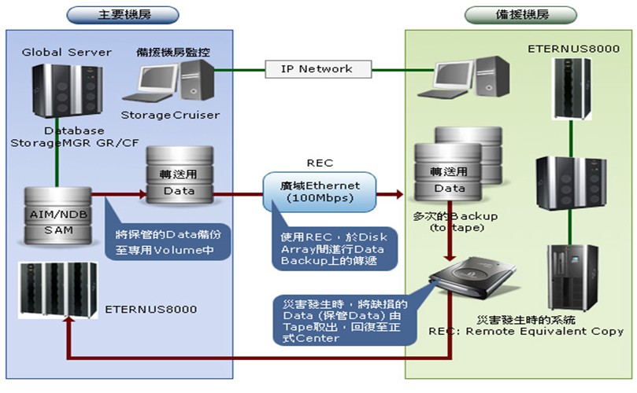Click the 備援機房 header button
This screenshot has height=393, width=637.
520,14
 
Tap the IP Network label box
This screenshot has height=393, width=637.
317,68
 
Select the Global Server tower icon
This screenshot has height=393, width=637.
57,93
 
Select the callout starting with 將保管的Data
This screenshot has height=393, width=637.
167,241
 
